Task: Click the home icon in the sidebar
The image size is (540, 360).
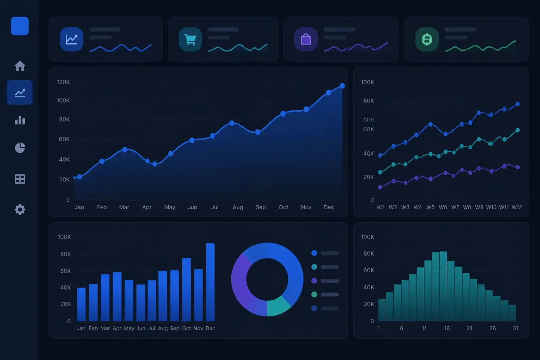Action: pos(20,66)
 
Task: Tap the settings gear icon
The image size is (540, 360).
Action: pos(20,209)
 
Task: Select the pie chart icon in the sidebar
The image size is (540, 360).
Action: pos(20,148)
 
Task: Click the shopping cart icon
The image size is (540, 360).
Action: pos(190,39)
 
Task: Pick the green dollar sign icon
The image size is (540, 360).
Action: pos(427,39)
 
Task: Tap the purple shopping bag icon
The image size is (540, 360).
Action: pos(306,39)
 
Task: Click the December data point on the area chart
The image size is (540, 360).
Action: pos(342,85)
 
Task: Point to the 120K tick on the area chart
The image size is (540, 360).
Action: pos(63,82)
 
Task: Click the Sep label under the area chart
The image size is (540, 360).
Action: pos(261,207)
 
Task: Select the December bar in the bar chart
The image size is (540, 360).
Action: pos(210,282)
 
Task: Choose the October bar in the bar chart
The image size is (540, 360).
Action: pos(186,289)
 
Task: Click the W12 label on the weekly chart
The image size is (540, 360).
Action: pos(517,207)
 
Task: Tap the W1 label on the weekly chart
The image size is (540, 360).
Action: pos(380,207)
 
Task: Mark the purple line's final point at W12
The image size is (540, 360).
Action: pos(517,167)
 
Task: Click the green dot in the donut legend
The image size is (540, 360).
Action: pos(314,294)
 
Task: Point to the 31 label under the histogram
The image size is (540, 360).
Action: pos(515,328)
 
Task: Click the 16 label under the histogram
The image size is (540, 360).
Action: pos(447,328)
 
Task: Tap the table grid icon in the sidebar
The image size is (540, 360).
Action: pos(20,179)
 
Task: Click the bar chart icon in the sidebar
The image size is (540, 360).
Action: pos(20,120)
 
